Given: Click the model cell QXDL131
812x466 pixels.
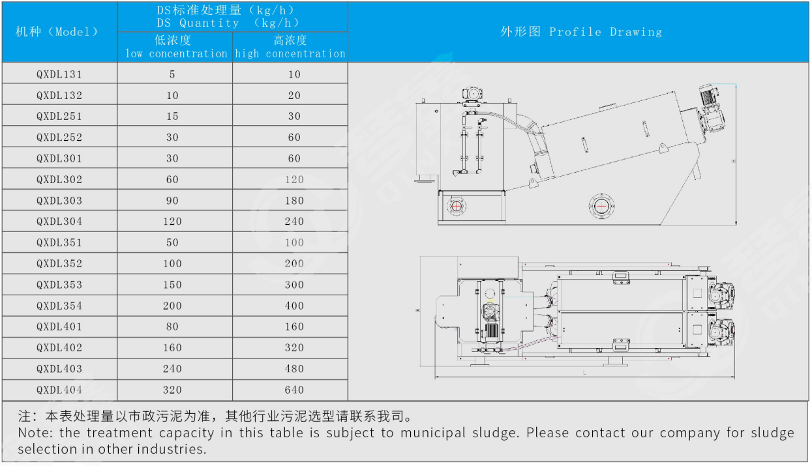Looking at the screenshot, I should coord(59,74).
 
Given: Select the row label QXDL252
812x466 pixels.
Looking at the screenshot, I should coord(59,138).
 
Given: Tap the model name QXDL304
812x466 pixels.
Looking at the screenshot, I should coord(59,222).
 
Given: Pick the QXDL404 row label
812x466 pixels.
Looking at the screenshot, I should coord(59,390).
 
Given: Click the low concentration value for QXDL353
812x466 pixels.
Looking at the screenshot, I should coord(172,285).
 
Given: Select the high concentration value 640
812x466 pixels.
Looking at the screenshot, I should coord(294,390).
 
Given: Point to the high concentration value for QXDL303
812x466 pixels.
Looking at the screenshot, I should coord(294,201).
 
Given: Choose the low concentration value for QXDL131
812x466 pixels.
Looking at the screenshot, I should coord(172,74).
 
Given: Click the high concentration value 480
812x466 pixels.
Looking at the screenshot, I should coord(294,369).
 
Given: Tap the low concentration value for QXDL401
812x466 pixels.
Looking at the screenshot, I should coord(172,327).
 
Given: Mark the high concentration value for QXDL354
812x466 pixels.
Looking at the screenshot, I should coord(294,306).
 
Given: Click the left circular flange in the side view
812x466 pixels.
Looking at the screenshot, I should coord(457,207).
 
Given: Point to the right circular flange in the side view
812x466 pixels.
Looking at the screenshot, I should coord(601,207).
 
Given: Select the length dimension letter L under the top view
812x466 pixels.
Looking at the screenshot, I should coord(584,373).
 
